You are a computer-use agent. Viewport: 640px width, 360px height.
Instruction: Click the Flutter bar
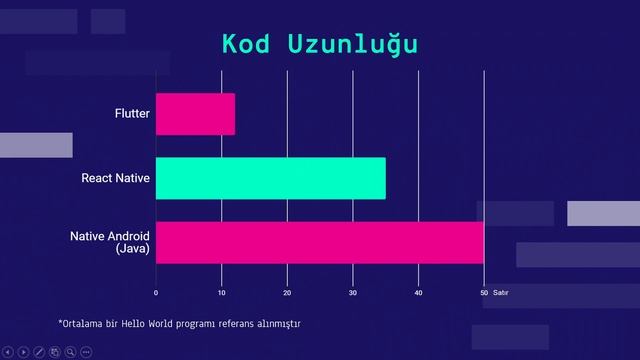(x=195, y=114)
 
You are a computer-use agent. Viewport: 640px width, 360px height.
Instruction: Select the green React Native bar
(x=270, y=178)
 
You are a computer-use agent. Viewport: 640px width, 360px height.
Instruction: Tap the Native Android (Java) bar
(x=320, y=242)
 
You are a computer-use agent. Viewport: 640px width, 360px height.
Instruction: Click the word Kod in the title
(x=248, y=45)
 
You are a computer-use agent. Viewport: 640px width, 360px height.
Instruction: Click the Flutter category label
(x=132, y=114)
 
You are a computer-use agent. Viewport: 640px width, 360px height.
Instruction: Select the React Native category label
(x=116, y=178)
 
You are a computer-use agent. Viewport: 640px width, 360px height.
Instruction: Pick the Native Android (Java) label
(x=110, y=242)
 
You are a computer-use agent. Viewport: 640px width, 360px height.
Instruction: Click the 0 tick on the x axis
(x=156, y=293)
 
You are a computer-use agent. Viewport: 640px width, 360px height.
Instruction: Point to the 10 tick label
(x=221, y=293)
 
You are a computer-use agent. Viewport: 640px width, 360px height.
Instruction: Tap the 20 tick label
(x=287, y=293)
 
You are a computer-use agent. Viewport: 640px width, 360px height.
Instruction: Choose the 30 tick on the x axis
(x=353, y=293)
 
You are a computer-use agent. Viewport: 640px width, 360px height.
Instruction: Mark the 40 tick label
(x=418, y=293)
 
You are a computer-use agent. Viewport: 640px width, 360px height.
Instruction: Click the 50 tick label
(x=484, y=293)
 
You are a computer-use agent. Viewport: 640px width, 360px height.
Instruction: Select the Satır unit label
(x=501, y=293)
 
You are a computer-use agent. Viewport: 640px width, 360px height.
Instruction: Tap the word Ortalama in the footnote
(x=82, y=324)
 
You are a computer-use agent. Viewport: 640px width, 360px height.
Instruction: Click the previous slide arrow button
(x=9, y=351)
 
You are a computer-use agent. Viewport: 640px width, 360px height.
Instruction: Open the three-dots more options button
(x=86, y=351)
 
